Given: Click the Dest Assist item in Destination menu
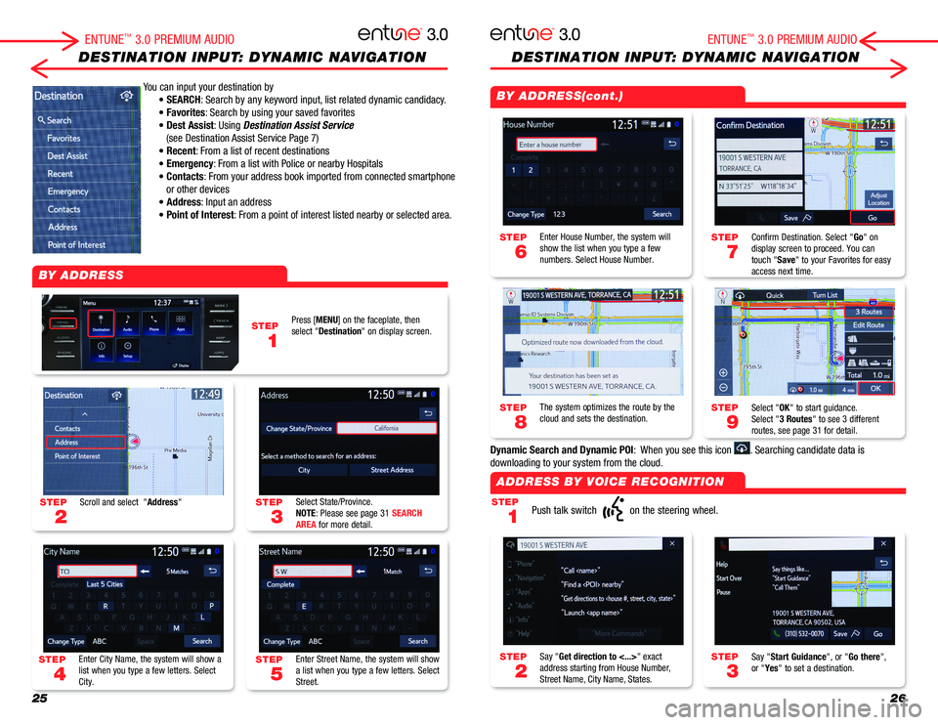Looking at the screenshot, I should tap(67, 155).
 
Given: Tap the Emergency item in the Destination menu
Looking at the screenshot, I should tap(67, 191).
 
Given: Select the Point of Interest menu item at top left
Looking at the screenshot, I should tap(76, 243).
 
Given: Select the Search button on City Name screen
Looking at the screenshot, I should tap(202, 641).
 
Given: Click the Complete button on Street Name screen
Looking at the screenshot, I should tap(280, 584).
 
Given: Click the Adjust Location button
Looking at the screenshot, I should tap(877, 199).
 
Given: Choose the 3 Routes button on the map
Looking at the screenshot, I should tap(869, 312).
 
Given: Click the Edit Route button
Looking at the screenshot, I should tap(868, 325).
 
